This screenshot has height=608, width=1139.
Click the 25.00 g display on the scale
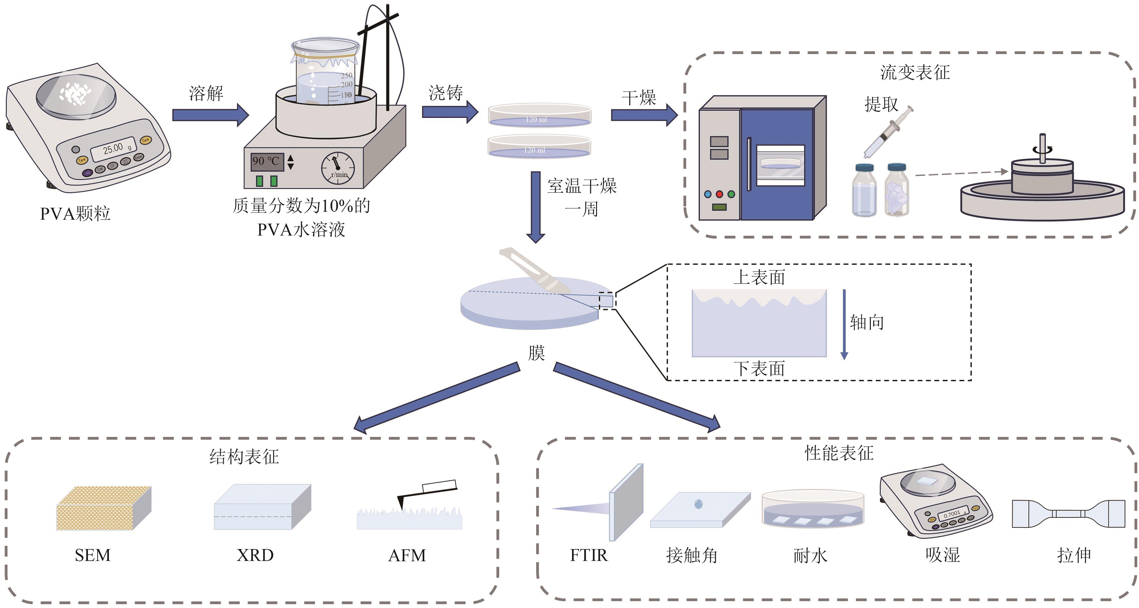click(x=114, y=149)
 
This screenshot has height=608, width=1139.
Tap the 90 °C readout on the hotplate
click(x=265, y=161)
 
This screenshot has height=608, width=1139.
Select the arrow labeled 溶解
click(x=210, y=115)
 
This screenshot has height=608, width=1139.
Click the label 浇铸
click(x=445, y=93)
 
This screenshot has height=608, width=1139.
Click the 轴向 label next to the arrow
click(x=867, y=323)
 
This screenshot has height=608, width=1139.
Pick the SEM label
click(x=92, y=555)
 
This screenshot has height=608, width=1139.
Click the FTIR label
click(x=589, y=555)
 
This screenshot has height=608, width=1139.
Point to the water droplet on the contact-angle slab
click(x=699, y=504)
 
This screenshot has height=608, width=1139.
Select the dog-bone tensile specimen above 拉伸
click(x=1068, y=513)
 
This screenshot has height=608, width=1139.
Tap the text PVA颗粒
click(x=75, y=214)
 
